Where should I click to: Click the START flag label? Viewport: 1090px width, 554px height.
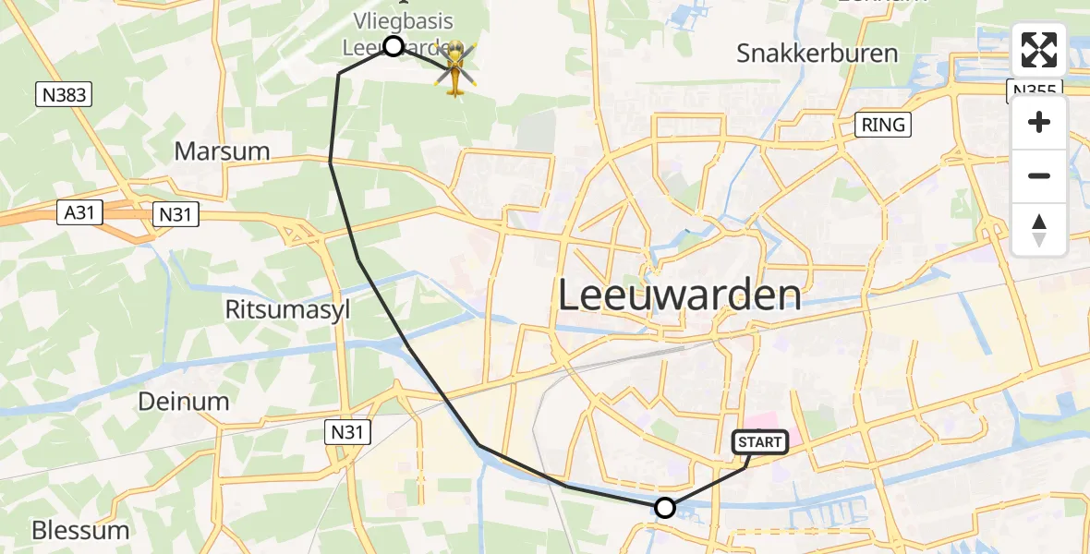click(x=760, y=443)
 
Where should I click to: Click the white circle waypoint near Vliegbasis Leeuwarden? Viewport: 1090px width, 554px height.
click(x=394, y=45)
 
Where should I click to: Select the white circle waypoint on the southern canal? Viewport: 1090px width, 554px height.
click(x=664, y=507)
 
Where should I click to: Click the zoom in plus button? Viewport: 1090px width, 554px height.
click(x=1039, y=123)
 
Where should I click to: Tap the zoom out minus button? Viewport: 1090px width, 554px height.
click(x=1039, y=175)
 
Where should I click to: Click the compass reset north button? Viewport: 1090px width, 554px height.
click(x=1039, y=230)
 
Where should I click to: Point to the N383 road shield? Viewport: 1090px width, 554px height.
click(x=63, y=94)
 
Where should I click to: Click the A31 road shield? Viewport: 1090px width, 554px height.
click(x=80, y=213)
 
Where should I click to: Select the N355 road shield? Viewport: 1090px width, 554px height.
click(x=1034, y=89)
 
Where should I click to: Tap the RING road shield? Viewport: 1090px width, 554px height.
click(x=883, y=125)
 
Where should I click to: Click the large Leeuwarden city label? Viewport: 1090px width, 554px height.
click(x=680, y=295)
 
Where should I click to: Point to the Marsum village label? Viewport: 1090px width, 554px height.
click(x=222, y=151)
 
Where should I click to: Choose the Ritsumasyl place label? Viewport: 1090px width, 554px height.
click(x=287, y=310)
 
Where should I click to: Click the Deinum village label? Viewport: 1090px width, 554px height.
click(x=183, y=401)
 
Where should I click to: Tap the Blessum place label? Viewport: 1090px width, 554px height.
click(x=80, y=530)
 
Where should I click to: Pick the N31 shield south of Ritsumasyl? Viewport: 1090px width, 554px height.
click(x=347, y=430)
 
